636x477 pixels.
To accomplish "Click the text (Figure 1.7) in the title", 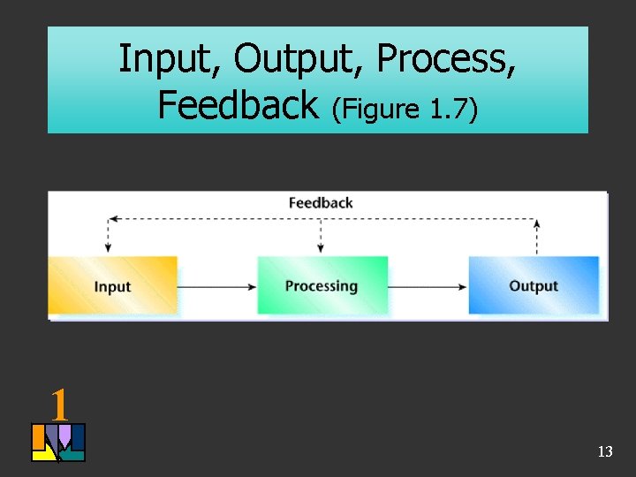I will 405,109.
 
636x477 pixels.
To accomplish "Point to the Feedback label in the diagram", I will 320,203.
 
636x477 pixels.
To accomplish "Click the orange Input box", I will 112,285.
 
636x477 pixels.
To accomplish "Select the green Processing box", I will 322,285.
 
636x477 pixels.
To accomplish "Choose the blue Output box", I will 534,285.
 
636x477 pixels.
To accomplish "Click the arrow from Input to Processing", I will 217,286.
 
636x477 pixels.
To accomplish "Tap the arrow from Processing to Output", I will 428,286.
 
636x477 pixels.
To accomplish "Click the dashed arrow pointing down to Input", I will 108,236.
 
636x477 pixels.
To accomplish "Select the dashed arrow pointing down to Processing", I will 321,236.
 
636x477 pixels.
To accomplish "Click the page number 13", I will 605,452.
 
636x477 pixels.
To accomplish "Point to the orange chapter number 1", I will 58,405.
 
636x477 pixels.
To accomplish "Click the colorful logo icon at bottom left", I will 58,443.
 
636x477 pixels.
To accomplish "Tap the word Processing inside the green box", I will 322,286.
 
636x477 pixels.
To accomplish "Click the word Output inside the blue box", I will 534,286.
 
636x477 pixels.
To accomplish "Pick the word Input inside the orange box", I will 112,287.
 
